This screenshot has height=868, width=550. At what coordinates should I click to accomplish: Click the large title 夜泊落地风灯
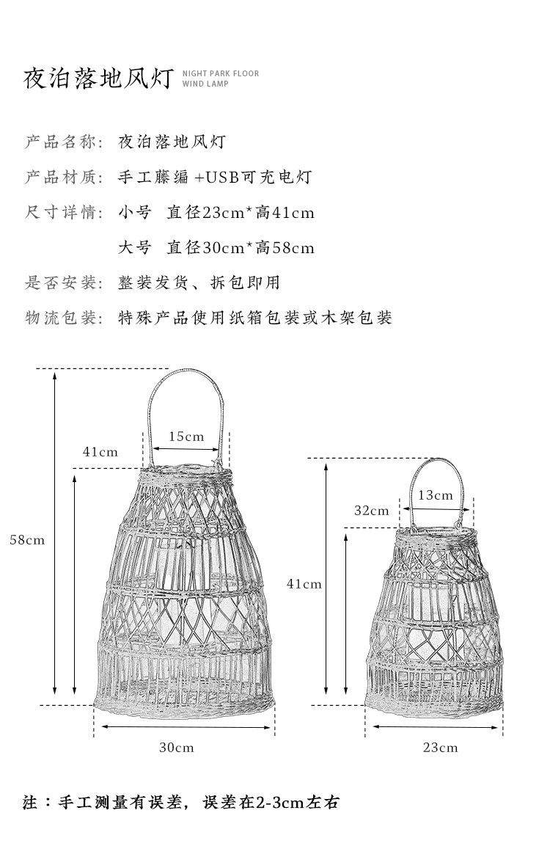point(98,79)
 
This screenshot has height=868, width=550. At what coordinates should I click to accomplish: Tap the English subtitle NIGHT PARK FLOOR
point(221,73)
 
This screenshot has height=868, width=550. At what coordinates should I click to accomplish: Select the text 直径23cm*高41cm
point(241,213)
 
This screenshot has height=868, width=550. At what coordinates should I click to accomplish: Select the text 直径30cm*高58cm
point(241,248)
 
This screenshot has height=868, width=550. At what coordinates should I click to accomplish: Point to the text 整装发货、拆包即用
point(199,282)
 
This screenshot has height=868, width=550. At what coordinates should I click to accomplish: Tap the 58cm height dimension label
point(27,540)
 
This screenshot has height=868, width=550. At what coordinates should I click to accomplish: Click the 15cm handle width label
point(186,437)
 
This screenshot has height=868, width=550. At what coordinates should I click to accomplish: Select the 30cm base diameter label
point(177,748)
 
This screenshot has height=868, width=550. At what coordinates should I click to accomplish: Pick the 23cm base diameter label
point(440,748)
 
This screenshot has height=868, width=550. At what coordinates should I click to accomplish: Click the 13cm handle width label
point(436,495)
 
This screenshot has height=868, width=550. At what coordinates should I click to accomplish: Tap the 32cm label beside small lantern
point(372,511)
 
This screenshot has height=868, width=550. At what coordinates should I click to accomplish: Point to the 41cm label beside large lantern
point(100,452)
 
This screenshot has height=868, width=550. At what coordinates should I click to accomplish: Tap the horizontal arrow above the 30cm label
point(186,727)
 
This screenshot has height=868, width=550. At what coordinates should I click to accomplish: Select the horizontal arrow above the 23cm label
point(436,727)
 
